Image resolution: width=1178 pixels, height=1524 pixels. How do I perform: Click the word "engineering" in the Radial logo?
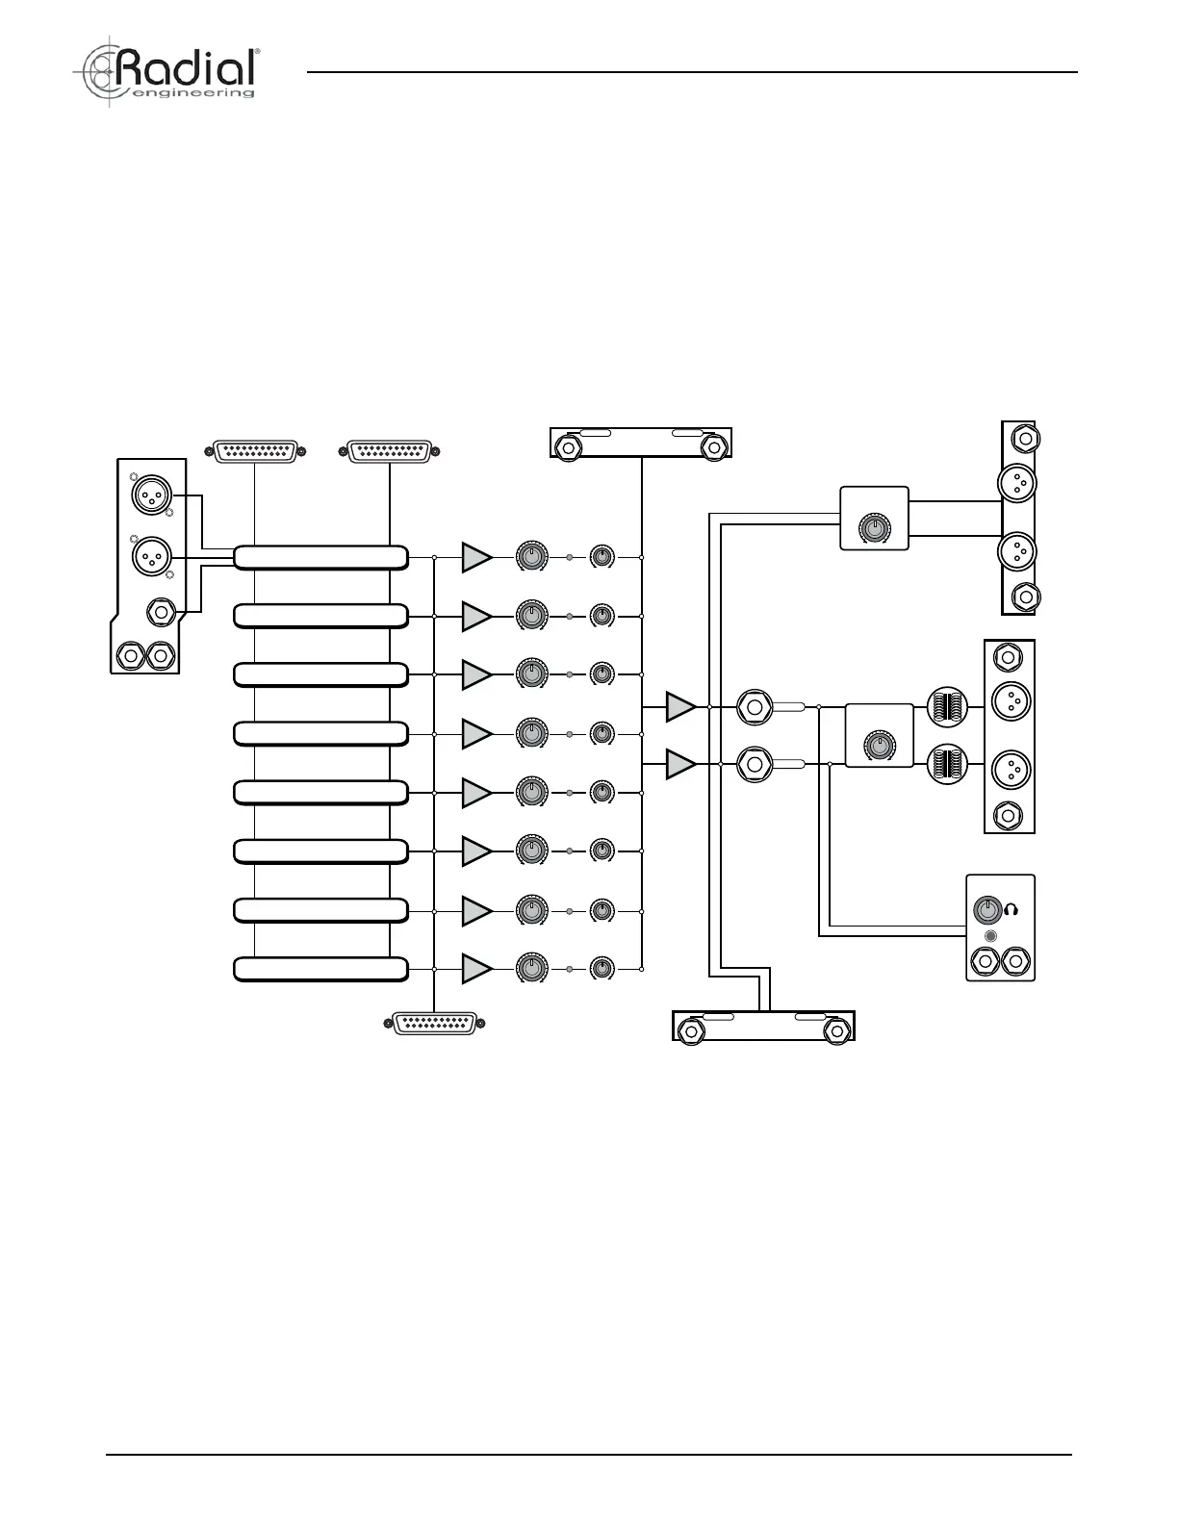point(192,92)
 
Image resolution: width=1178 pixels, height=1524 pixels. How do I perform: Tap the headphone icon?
point(1011,910)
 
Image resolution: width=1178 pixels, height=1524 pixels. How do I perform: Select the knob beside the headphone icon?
point(987,910)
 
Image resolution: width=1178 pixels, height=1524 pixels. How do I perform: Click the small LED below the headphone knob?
point(990,936)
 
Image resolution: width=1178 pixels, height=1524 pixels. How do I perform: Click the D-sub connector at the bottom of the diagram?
point(434,1024)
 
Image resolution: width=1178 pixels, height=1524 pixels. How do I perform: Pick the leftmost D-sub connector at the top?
point(255,451)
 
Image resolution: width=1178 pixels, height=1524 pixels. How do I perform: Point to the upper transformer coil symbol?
point(947,707)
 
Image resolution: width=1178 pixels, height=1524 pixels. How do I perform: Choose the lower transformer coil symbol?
point(947,765)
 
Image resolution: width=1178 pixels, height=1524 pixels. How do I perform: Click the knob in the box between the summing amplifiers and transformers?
point(879,746)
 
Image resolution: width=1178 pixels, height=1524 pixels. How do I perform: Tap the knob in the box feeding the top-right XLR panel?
point(874,527)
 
